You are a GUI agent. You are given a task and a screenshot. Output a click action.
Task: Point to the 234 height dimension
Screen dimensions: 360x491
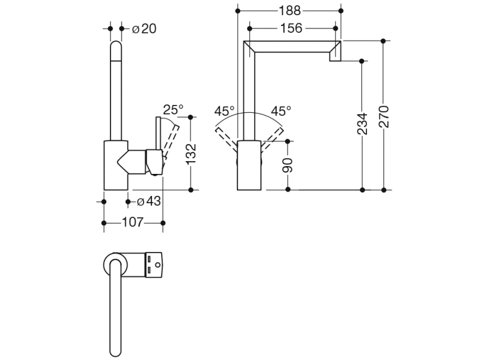click(362, 124)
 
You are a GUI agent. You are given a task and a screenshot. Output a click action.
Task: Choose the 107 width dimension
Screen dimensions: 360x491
click(133, 223)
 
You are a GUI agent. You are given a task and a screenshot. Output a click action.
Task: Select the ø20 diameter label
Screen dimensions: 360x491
click(144, 28)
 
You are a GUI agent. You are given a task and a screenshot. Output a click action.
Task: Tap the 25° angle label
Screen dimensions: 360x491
click(173, 110)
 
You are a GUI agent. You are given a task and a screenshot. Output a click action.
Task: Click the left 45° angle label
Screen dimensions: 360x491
click(224, 111)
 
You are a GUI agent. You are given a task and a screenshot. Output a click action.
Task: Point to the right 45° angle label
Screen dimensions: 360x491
click(281, 111)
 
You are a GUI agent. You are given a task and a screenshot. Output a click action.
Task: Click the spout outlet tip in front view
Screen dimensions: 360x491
click(335, 56)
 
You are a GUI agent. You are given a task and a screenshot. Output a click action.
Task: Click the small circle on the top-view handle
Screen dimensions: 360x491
click(158, 265)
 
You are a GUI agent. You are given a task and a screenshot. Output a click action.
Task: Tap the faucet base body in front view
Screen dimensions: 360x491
click(249, 165)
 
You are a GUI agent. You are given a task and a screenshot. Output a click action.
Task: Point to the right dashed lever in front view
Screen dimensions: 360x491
click(274, 137)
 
